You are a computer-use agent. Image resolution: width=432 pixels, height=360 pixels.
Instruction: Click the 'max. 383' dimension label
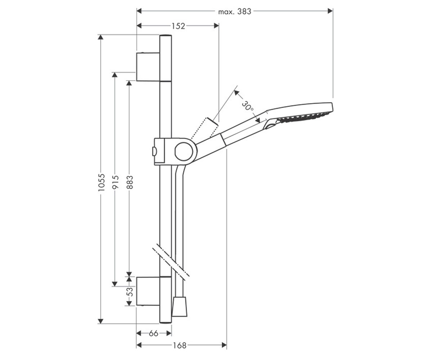[x=235, y=12]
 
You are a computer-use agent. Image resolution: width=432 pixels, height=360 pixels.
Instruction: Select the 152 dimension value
[x=178, y=26]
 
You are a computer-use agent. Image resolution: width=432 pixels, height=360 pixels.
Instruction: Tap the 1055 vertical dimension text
[x=102, y=182]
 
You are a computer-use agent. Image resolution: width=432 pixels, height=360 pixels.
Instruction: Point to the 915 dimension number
[x=116, y=182]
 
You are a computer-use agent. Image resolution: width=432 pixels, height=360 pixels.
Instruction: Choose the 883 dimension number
[x=130, y=182]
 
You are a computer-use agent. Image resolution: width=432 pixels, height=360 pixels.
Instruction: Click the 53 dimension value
[x=130, y=292]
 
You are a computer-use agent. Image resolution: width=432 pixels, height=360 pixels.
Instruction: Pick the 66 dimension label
[x=153, y=333]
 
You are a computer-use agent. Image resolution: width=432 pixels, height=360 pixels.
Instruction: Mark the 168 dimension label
[x=180, y=345]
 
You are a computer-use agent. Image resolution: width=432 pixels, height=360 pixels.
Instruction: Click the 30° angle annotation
[x=247, y=105]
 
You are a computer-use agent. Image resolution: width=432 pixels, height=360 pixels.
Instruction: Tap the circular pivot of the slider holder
[x=184, y=152]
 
